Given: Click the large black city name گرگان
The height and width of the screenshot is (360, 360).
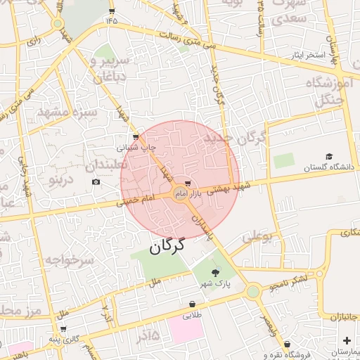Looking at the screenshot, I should click(x=167, y=246).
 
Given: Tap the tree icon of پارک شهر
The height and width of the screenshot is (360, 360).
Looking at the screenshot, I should click(x=215, y=273).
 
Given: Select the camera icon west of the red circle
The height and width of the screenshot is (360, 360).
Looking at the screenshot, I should click(x=96, y=182).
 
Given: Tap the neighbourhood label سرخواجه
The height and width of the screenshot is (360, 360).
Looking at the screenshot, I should click(x=69, y=260).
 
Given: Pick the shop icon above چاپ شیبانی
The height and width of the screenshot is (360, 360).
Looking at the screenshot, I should click(x=136, y=137).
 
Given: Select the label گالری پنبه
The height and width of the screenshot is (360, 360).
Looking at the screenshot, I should click(x=63, y=340).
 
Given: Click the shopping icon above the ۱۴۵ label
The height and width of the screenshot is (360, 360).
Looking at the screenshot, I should click(x=112, y=11).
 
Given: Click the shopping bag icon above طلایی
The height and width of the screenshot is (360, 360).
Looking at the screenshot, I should click(x=192, y=304).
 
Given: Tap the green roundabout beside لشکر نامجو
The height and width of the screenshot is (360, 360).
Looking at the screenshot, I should click(x=252, y=291).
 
